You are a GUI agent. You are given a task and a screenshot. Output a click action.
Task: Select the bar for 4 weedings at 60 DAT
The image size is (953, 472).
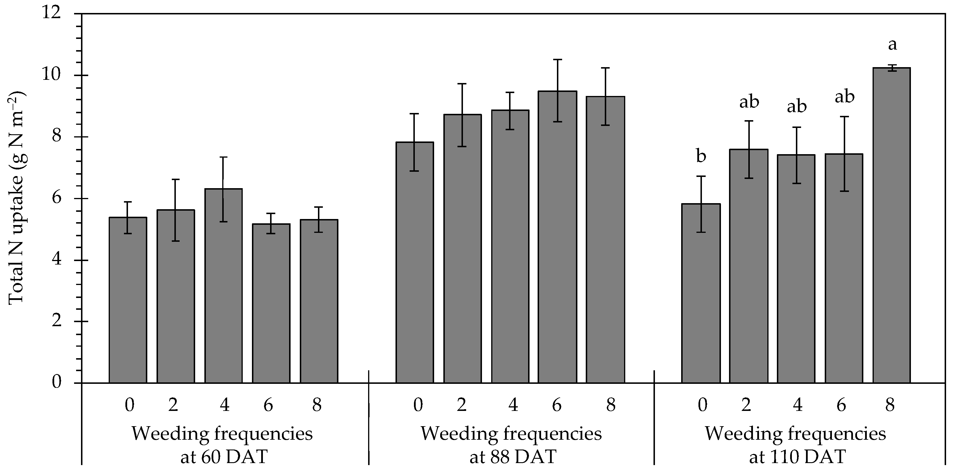223,285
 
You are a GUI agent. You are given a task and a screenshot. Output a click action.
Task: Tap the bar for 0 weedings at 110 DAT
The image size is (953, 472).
701,292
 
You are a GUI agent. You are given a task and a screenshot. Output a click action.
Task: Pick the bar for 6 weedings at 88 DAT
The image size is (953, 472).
557,237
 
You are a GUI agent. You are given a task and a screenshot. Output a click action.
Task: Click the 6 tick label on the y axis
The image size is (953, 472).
56,199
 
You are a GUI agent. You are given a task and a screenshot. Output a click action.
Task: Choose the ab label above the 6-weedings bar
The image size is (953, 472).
845,97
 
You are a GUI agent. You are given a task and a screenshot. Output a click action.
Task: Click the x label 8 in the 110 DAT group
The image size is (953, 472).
890,405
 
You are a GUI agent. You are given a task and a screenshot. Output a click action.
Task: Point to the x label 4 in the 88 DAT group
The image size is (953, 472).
513,405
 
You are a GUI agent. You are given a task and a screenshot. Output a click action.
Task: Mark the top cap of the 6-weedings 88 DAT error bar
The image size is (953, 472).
557,60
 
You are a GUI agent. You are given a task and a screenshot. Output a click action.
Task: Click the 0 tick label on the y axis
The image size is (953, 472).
56,382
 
